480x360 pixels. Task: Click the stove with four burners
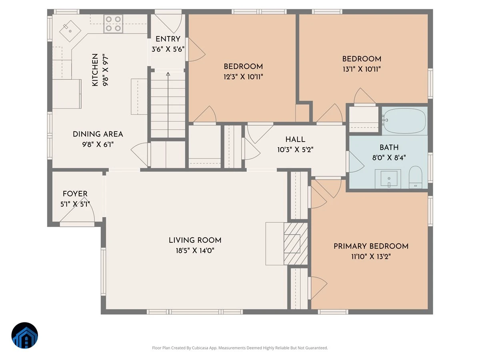(113, 24)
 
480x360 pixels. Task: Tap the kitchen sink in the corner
(70, 31)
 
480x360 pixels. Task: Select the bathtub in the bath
(404, 121)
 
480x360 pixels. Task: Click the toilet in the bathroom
(415, 177)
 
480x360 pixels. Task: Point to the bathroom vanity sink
(388, 179)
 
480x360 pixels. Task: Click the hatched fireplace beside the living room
(296, 244)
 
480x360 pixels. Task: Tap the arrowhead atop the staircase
(168, 74)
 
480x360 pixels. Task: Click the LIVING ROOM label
(195, 240)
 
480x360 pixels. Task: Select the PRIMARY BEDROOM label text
(371, 246)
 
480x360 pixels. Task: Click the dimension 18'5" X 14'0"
(195, 250)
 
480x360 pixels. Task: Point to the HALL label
(295, 140)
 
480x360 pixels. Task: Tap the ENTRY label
(168, 39)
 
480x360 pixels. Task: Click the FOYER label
(75, 194)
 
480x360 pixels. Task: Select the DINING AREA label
(98, 134)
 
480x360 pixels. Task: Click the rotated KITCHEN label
(95, 70)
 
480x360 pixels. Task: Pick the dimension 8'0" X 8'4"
(389, 158)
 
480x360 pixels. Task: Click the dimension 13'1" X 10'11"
(362, 69)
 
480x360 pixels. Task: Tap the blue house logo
(25, 335)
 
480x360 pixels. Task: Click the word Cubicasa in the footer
(200, 348)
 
